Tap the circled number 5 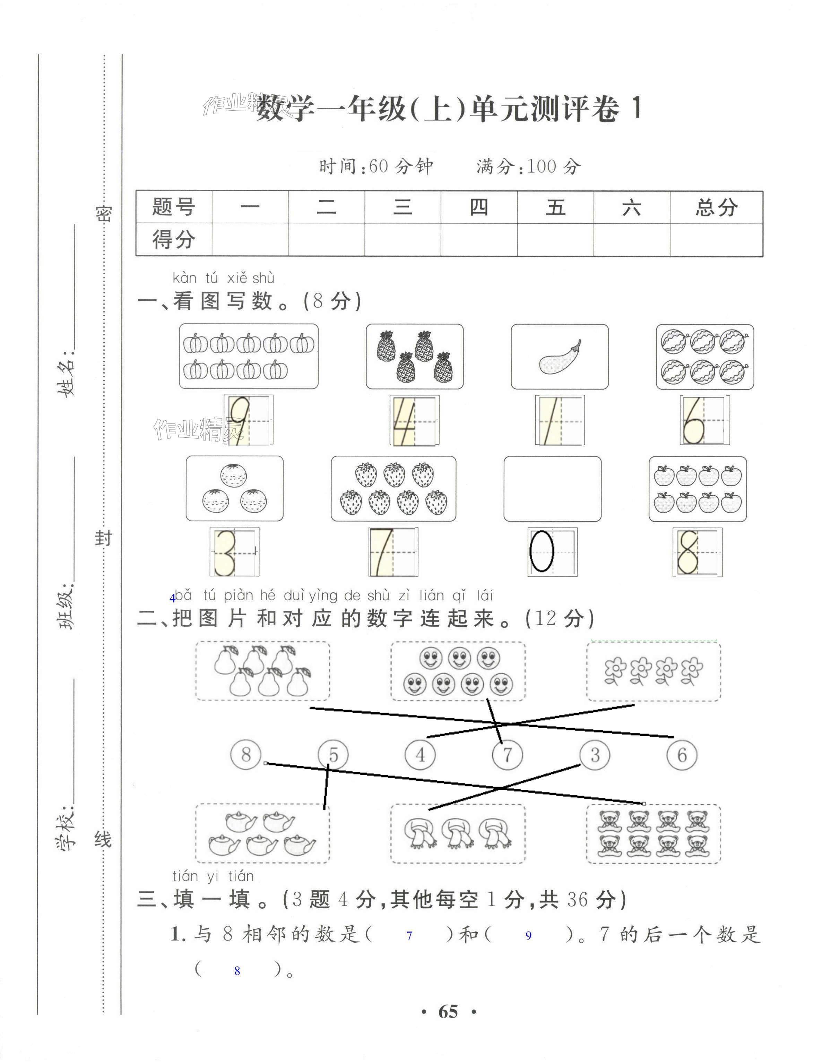coord(333,755)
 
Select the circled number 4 coord(420,755)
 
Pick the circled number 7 coord(507,755)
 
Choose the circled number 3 coord(595,755)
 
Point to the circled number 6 coord(682,755)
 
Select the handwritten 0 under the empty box coord(542,551)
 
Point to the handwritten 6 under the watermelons coord(693,420)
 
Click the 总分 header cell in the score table coord(716,208)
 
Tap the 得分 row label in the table coord(174,239)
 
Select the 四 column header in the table coord(479,208)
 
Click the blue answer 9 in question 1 coord(528,935)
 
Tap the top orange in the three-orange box coord(234,474)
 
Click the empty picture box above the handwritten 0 coord(552,488)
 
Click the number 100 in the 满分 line coord(541,166)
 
